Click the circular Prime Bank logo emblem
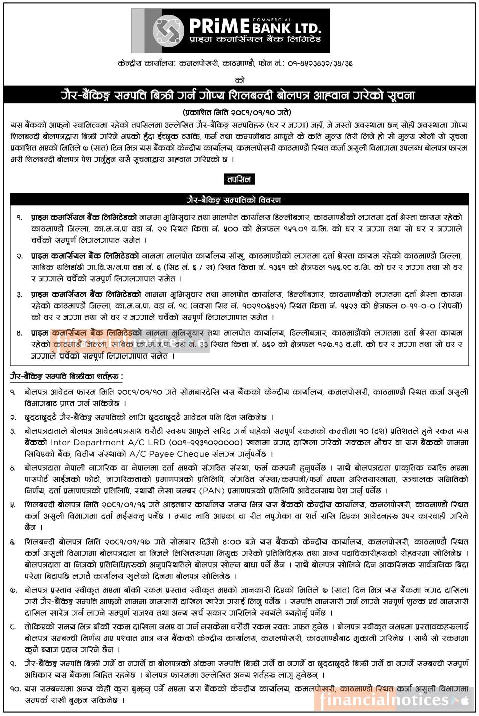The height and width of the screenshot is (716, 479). [168, 31]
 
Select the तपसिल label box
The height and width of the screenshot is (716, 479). [239, 179]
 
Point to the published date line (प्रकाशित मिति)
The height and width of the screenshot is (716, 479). [236, 112]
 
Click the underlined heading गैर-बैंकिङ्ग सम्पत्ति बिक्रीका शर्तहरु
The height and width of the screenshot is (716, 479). [67, 376]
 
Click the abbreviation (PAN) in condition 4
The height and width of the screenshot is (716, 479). [213, 490]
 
